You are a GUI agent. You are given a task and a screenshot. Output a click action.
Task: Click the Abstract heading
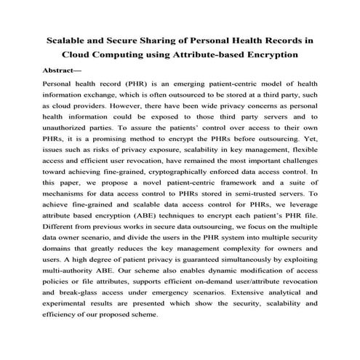click(x=63, y=71)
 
